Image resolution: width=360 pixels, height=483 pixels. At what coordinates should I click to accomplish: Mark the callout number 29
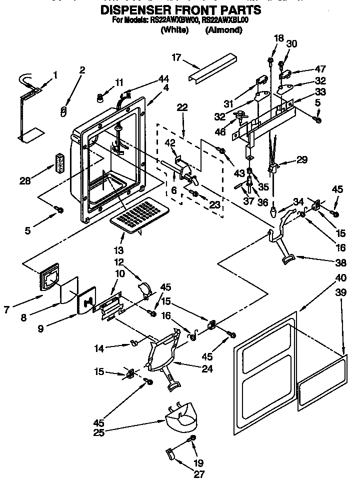click(301, 160)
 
